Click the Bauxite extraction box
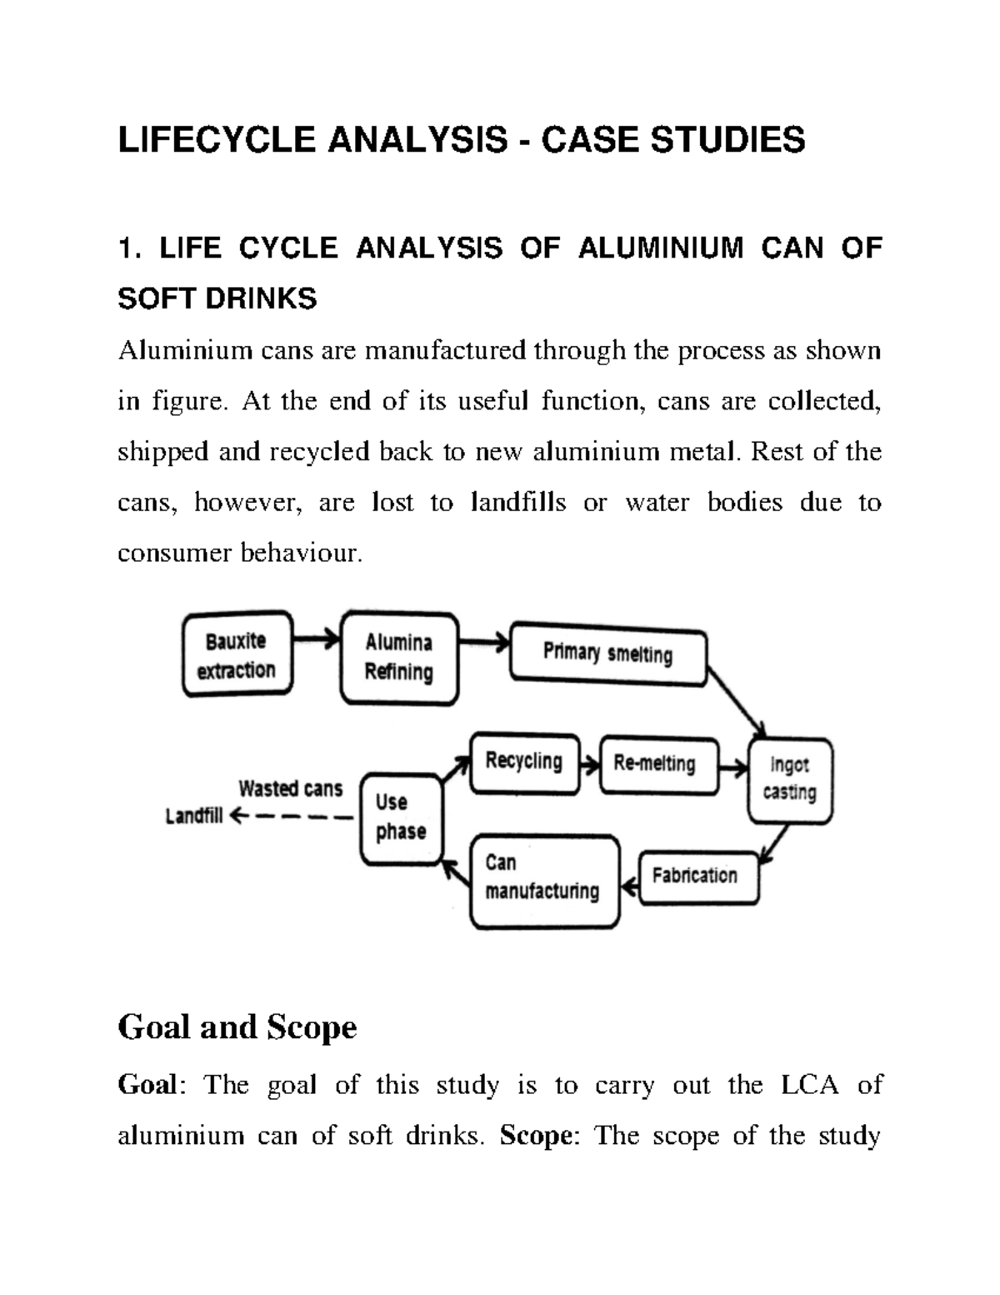[x=237, y=655]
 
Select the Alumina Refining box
[x=399, y=658]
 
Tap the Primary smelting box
[x=607, y=654]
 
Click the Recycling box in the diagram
[x=524, y=762]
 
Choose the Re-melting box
[x=657, y=764]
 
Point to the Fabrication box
[x=697, y=876]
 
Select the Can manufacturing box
[x=544, y=880]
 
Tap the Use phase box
[x=402, y=818]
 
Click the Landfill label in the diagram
[x=194, y=817]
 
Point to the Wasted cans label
[x=290, y=788]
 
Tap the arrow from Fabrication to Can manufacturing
[x=630, y=889]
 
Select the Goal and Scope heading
[x=237, y=1026]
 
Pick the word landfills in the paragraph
[x=518, y=503]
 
